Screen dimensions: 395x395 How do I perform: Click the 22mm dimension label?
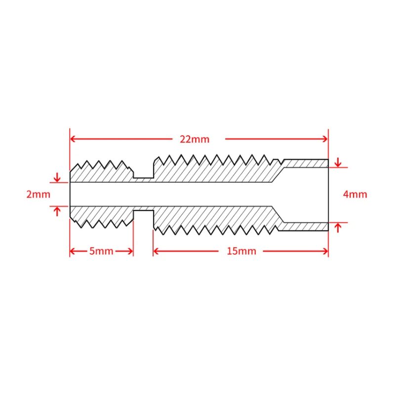(x=195, y=139)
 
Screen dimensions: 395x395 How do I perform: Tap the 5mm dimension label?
(x=101, y=251)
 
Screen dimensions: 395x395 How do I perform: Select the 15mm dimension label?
(x=241, y=251)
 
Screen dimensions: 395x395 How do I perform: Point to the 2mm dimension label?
(x=39, y=195)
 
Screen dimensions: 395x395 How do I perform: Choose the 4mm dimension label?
(x=355, y=194)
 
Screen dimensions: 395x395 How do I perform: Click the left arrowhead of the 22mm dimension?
(x=73, y=139)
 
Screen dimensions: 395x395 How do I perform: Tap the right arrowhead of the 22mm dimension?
(x=325, y=139)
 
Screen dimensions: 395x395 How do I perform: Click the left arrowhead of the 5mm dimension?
(x=73, y=251)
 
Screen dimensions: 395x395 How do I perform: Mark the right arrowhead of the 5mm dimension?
(x=130, y=251)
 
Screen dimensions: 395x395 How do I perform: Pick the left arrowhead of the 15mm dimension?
(x=156, y=251)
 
